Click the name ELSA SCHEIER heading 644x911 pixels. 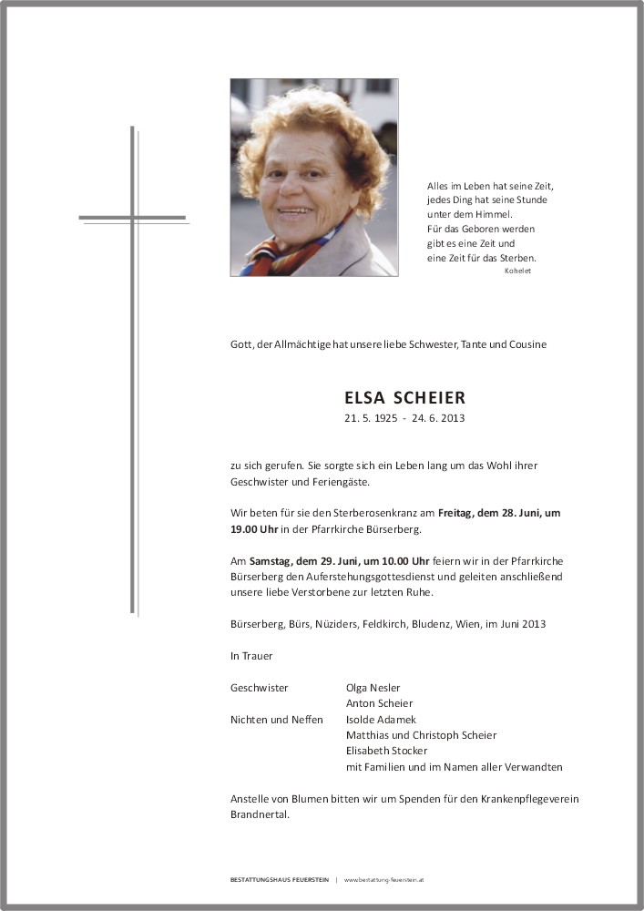click(x=404, y=398)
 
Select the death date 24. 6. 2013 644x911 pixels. click(x=439, y=419)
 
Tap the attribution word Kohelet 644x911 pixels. click(x=516, y=271)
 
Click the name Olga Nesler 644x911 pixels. click(x=373, y=688)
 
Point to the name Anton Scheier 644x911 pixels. click(x=379, y=703)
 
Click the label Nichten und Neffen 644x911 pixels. click(x=277, y=720)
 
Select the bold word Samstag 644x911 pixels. click(x=269, y=561)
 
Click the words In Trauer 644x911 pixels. click(x=251, y=656)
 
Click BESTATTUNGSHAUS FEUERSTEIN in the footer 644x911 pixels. click(x=280, y=880)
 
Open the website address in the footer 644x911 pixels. click(x=385, y=880)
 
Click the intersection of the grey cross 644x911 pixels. click(x=133, y=218)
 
